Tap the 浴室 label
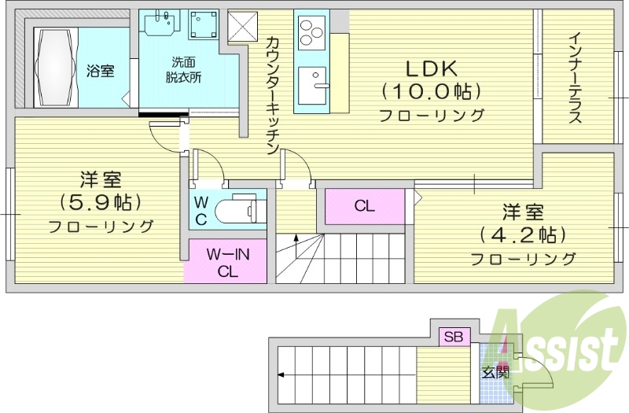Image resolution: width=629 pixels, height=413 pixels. click(x=100, y=72)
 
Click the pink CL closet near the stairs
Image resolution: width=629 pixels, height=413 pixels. click(x=363, y=206)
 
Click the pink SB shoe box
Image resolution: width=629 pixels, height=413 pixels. click(x=454, y=337)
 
